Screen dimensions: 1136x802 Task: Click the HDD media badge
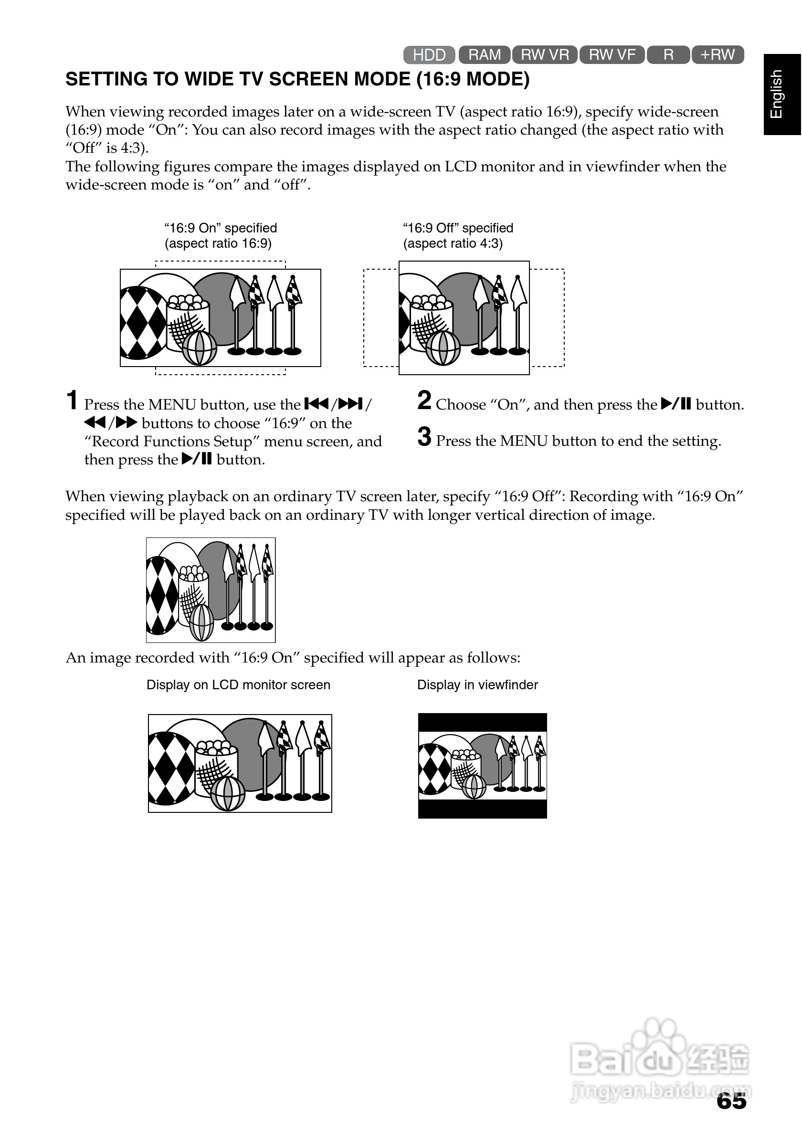click(429, 54)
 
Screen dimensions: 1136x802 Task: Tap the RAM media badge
click(485, 54)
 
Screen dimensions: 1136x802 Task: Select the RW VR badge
click(545, 54)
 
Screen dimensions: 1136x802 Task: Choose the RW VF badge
click(612, 54)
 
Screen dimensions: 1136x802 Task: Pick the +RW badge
click(718, 54)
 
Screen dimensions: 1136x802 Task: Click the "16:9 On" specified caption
click(221, 228)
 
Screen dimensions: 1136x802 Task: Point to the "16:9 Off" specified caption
click(458, 228)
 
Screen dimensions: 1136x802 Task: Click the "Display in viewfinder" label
click(477, 685)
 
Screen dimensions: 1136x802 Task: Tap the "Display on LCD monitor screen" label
click(238, 685)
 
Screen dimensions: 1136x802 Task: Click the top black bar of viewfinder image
click(482, 722)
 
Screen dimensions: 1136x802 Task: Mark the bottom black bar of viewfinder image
click(482, 809)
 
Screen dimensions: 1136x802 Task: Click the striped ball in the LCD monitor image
click(228, 794)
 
